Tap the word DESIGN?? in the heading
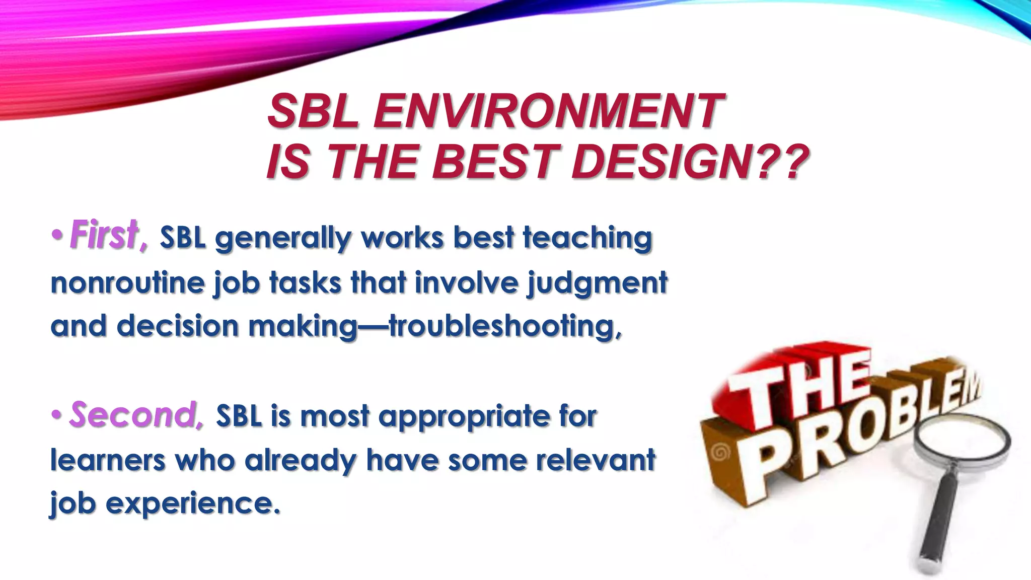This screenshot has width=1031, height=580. pos(690,162)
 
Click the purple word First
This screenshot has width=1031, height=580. pos(106,236)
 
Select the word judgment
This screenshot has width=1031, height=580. pos(597,282)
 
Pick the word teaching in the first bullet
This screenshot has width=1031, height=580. pos(587,238)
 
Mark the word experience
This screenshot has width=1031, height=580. pos(192,503)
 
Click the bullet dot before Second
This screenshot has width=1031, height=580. pos(57,415)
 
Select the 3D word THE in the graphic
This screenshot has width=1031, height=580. pos(800,383)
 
